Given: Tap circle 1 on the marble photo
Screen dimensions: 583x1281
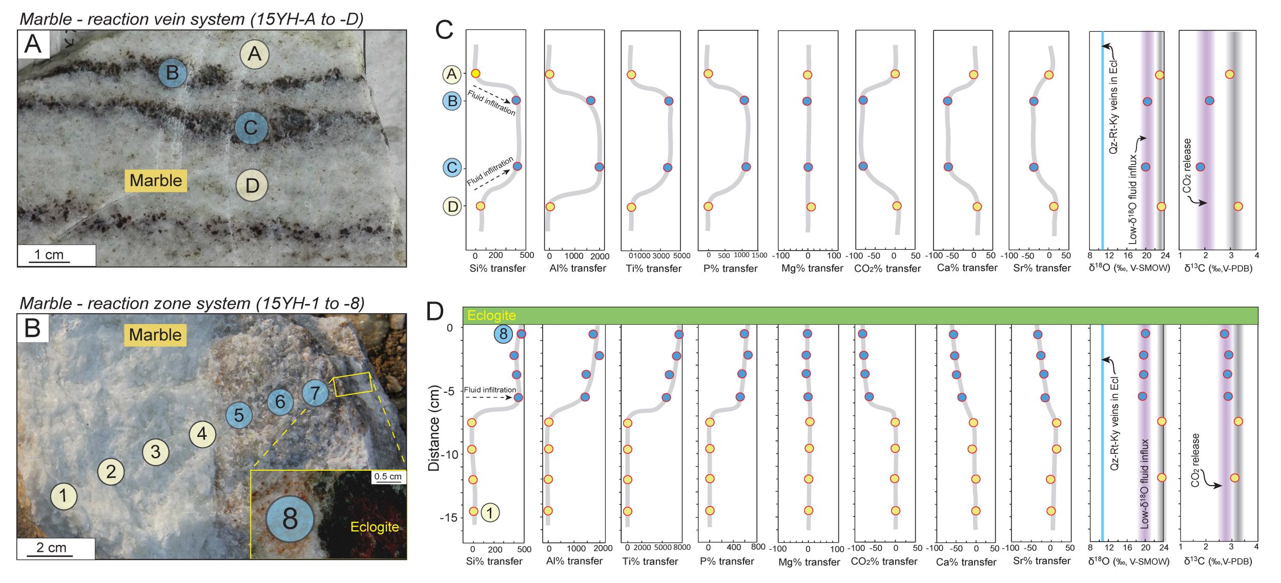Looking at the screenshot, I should click(64, 496).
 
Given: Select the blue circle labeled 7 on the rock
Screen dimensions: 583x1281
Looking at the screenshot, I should click(315, 394).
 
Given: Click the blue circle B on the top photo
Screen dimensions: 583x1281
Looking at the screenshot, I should click(172, 73).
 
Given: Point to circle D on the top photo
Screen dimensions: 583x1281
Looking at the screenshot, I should click(252, 186).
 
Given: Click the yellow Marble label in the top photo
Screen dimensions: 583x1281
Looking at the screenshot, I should click(156, 180).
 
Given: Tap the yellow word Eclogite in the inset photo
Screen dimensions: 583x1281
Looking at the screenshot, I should click(375, 527).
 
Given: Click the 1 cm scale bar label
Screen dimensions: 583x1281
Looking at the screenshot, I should click(49, 255).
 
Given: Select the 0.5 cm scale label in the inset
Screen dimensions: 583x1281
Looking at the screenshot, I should click(388, 476).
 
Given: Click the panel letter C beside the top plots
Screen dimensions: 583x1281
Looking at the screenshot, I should click(444, 30).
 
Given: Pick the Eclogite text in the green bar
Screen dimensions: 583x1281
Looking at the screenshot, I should click(491, 315).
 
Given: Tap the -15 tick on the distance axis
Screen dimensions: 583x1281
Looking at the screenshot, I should click(446, 518).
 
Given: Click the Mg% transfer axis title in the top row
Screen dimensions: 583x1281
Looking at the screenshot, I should click(812, 268).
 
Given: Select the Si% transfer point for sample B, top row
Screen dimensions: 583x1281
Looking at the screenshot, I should click(516, 100).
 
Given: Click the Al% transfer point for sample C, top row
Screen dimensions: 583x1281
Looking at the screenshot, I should click(599, 167).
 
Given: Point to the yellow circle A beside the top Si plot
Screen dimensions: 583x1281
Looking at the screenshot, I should click(451, 74).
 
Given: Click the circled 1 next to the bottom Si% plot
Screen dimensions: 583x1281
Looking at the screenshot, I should click(490, 512).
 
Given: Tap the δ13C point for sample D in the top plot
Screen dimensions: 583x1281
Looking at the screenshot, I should click(1238, 207).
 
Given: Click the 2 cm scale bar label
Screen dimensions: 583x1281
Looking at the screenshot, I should click(51, 547).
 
